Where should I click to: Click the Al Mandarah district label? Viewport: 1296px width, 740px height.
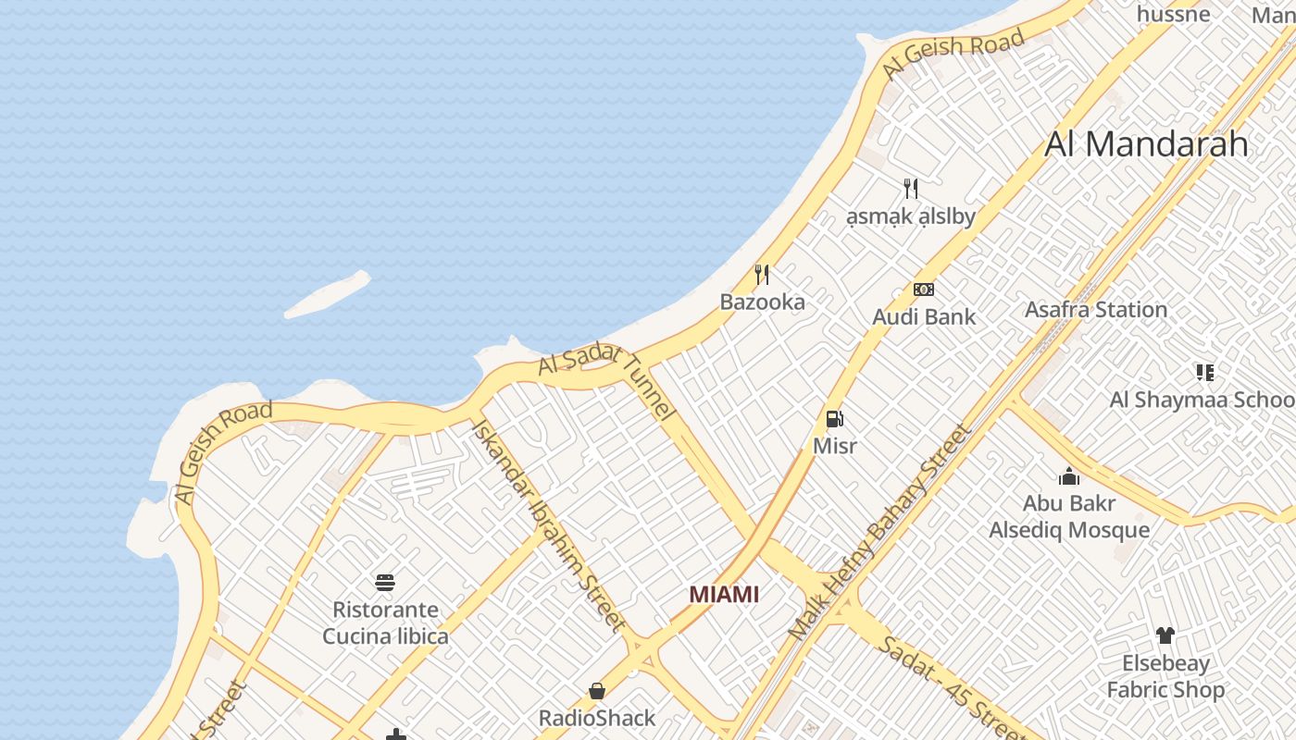(x=1146, y=144)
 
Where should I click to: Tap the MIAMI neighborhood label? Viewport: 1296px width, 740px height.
(x=724, y=595)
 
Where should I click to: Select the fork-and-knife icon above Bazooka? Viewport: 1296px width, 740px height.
(x=762, y=275)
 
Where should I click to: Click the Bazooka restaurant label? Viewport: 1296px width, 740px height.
(x=762, y=302)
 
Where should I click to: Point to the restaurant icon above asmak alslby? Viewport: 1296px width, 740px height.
(x=911, y=189)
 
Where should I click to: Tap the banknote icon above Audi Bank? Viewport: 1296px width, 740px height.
(x=923, y=290)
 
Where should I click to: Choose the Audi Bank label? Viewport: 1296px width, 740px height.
(x=923, y=317)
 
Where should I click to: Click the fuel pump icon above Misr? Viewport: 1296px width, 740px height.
(x=834, y=419)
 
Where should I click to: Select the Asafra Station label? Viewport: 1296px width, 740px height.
(x=1095, y=310)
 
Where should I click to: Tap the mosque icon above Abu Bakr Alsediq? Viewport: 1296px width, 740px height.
(x=1069, y=477)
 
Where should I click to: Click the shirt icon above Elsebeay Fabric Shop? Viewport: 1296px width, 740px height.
(x=1165, y=635)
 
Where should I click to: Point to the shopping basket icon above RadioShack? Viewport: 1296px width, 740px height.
(x=597, y=691)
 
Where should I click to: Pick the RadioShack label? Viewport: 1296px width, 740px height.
(x=597, y=718)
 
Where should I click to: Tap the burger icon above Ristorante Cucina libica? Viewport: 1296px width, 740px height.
(x=385, y=583)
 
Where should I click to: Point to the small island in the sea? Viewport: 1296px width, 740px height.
(x=327, y=295)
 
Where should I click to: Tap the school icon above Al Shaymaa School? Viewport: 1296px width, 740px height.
(x=1204, y=373)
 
